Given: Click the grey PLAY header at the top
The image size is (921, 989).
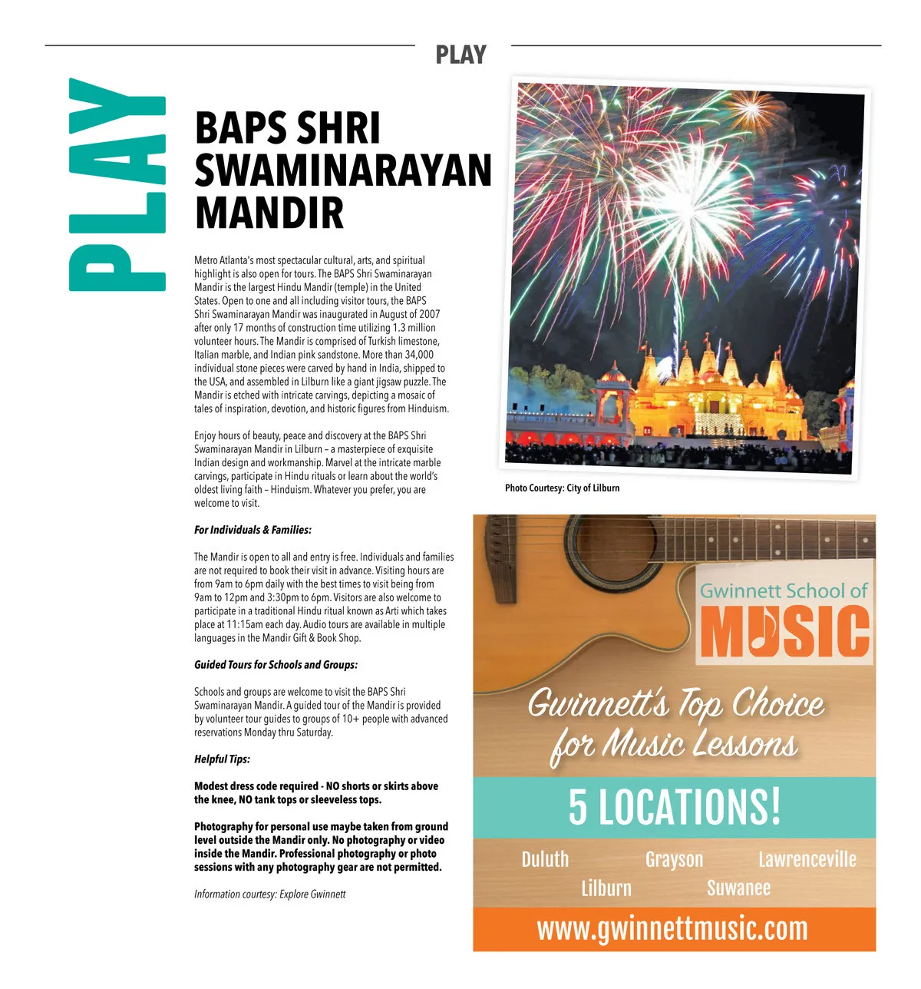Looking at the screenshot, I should [460, 55].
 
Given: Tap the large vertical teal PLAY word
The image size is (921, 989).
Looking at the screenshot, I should [117, 184].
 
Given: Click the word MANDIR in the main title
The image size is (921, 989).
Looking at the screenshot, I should [269, 213].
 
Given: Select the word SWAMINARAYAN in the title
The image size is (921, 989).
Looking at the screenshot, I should [343, 170].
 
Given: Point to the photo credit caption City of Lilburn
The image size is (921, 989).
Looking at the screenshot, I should [562, 488].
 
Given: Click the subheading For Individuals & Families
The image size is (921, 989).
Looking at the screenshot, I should [253, 530].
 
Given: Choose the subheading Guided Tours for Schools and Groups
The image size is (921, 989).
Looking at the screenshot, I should [276, 664].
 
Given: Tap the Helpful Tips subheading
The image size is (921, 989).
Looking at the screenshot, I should [222, 759].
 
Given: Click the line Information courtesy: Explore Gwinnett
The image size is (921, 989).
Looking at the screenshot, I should [269, 894].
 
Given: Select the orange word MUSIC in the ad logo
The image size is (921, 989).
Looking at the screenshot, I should [784, 632].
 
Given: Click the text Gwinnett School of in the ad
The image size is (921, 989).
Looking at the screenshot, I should [783, 590].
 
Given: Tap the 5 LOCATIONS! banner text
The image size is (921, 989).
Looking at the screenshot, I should [674, 806].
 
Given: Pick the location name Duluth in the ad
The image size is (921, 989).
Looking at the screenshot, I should [545, 858].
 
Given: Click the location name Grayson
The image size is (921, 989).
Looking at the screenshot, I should [674, 858].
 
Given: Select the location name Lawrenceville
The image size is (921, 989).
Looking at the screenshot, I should [807, 858].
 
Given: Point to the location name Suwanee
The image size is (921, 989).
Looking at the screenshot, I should [738, 888].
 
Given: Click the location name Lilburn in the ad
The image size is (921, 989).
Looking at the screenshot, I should [606, 888].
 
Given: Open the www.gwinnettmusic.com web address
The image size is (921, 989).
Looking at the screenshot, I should [672, 928].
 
